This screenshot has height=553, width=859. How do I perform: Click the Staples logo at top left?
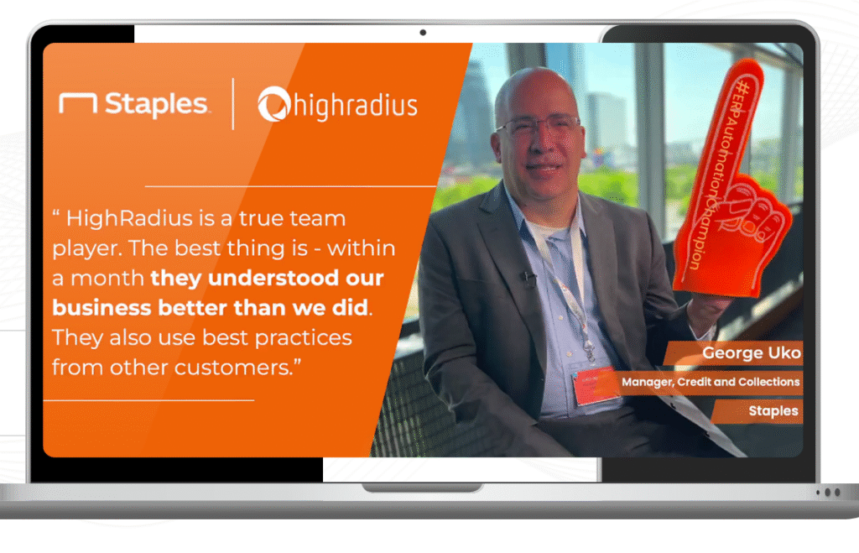(133, 104)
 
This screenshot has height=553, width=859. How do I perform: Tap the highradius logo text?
(356, 105)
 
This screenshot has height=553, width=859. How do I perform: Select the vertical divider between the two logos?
(233, 103)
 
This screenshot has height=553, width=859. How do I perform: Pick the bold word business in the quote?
(102, 307)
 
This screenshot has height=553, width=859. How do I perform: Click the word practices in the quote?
(303, 338)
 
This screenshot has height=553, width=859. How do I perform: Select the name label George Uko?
(751, 353)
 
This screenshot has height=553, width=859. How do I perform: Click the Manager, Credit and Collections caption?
(711, 382)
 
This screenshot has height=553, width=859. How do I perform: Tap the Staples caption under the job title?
(773, 411)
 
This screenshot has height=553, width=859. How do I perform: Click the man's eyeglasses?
(539, 126)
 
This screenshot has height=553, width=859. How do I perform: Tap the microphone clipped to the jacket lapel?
(528, 279)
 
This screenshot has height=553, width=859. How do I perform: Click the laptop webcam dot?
(423, 33)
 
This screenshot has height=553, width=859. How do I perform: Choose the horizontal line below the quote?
(149, 400)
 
